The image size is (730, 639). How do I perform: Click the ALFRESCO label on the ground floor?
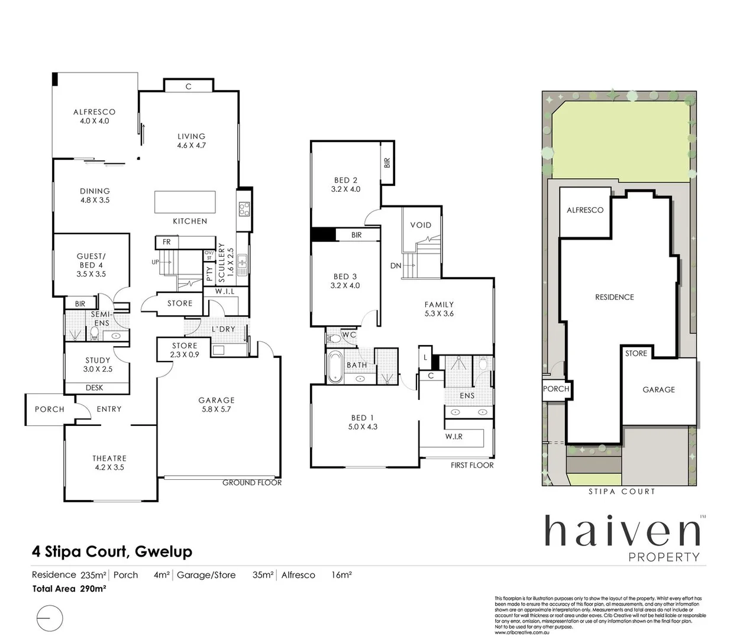tap(94, 116)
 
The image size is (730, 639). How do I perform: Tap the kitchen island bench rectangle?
tap(185, 202)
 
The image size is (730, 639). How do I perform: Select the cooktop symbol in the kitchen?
tap(244, 208)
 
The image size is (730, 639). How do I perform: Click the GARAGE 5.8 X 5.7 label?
tap(216, 405)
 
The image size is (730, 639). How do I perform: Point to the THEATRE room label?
tap(109, 463)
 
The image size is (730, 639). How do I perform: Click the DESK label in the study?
tap(94, 388)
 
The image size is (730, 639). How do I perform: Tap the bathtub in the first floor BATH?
tap(334, 366)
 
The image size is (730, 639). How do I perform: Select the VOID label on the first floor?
tap(421, 225)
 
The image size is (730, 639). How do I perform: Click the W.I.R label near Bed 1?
tap(454, 437)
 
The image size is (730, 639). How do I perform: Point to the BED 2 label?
tap(345, 185)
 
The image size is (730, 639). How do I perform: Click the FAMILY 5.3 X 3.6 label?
tap(438, 309)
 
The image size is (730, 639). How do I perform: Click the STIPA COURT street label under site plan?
tap(622, 492)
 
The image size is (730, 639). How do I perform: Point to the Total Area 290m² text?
tap(69, 589)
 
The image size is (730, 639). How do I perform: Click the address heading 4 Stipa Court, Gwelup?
tap(112, 552)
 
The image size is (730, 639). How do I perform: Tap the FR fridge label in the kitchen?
tap(166, 242)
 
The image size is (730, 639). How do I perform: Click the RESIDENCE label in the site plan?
tap(614, 297)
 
